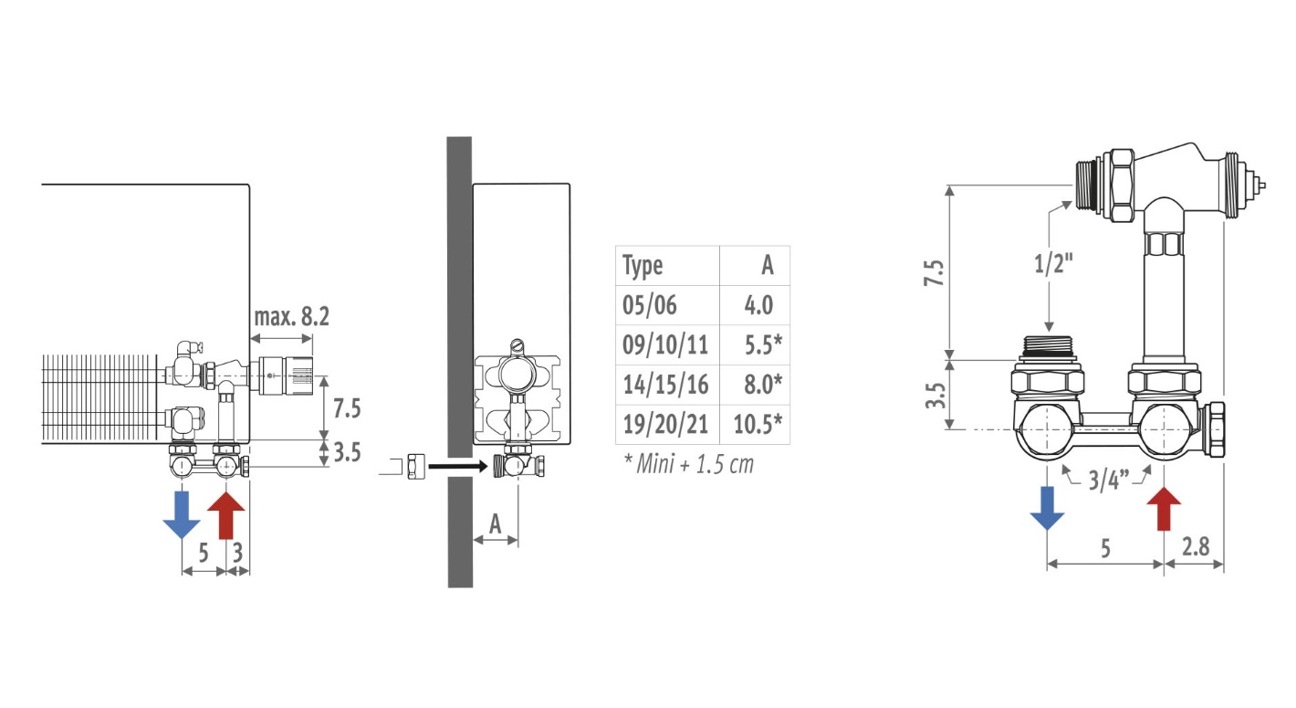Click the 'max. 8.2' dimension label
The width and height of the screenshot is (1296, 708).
click(292, 317)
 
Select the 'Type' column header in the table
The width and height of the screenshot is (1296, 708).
click(643, 266)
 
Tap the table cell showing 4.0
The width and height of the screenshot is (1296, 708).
click(758, 305)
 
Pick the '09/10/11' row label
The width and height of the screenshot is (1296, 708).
click(665, 345)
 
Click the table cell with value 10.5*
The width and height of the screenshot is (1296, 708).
click(758, 424)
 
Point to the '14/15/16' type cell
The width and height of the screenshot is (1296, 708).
click(665, 385)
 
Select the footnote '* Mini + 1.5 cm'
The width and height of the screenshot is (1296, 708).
click(689, 464)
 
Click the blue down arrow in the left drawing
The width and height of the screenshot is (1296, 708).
click(182, 514)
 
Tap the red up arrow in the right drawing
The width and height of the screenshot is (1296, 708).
click(1164, 509)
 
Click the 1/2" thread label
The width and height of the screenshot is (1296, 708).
click(1053, 263)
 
